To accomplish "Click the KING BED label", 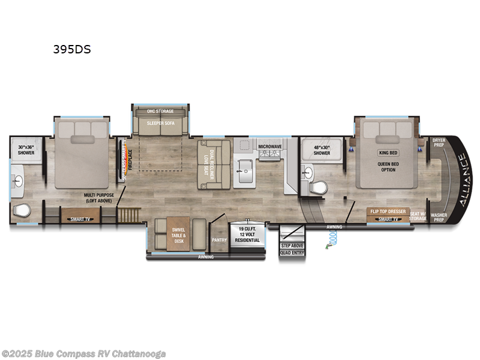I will coord(388,153).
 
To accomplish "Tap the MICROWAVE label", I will coord(270,146).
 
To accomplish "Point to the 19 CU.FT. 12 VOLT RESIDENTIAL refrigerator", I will coord(248,234).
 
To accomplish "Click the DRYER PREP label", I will coord(439,142).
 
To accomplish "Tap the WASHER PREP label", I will coord(439,217).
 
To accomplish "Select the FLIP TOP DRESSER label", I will coord(388,212).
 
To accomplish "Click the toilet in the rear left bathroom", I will coord(21,211).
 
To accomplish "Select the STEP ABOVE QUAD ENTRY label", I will coord(292,249).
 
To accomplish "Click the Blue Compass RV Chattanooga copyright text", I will coord(84,353).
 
